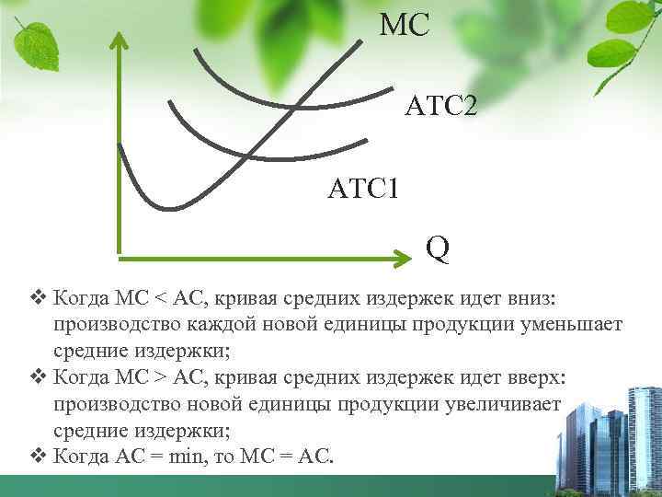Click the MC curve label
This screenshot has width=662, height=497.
[405, 25]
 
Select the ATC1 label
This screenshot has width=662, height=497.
[363, 191]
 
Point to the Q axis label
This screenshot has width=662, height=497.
[438, 248]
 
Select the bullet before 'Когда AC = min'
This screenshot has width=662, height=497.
[37, 456]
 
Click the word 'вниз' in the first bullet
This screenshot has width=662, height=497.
[542, 299]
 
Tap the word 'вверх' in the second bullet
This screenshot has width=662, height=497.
[536, 378]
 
